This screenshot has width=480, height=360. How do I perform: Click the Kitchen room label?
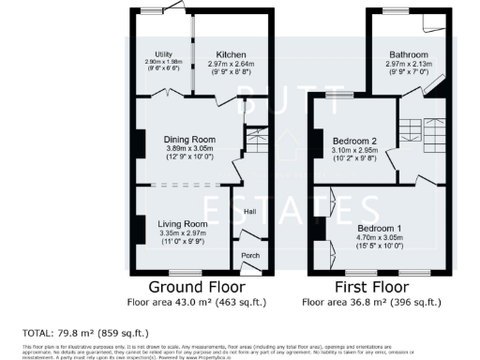coord(231,53)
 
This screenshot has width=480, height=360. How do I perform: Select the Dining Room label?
coord(184,139)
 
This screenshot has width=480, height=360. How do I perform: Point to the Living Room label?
coord(182,224)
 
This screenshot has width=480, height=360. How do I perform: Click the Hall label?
coord(250,212)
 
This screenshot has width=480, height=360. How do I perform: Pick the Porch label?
coord(250,255)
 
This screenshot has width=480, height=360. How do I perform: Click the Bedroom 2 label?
coord(354,141)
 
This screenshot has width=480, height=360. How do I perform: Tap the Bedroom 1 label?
coord(380,228)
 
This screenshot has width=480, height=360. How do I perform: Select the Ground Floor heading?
coord(196,285)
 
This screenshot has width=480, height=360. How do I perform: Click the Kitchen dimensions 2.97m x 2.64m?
coord(231,64)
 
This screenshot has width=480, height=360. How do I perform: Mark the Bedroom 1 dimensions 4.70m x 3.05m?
coord(380,238)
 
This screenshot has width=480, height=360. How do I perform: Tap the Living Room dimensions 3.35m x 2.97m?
coord(182,234)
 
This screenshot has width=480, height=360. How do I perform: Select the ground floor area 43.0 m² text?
coord(196,302)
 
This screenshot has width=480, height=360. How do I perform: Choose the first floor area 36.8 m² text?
coord(371,302)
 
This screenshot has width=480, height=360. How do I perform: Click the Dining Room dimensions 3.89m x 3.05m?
coord(184,149)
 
